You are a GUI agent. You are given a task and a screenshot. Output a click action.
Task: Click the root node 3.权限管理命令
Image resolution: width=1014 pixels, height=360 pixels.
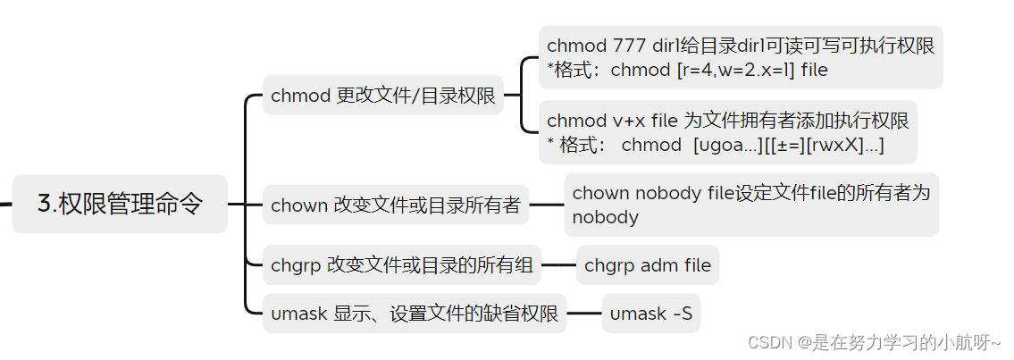pos(120,204)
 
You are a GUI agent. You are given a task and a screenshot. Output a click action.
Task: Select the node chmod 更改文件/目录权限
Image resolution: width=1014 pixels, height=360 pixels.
pos(382,96)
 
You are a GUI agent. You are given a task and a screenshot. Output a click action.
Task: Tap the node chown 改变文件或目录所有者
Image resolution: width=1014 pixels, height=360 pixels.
pos(395,205)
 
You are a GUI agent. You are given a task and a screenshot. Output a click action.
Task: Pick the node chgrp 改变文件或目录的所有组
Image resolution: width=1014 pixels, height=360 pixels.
pos(402,264)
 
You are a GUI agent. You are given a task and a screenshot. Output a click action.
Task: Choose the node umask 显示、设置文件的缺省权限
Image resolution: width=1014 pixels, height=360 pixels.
pos(414,314)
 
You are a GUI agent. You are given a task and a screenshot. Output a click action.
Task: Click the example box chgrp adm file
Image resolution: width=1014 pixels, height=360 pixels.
pos(647,264)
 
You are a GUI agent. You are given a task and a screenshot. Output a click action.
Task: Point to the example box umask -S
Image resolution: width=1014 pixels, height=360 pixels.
pos(650,314)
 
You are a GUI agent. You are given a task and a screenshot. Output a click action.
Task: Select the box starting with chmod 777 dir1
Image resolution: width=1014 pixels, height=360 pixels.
pos(741,57)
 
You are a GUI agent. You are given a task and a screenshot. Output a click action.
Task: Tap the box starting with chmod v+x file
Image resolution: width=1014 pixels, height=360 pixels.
pos(727,132)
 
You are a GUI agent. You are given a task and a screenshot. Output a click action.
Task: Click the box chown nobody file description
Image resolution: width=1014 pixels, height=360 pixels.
pos(750,205)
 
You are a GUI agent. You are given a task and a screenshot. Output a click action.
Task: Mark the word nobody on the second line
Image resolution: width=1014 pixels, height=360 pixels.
pos(605,217)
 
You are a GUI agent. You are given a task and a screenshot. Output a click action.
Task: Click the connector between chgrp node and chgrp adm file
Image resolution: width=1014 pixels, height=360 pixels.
pos(558,264)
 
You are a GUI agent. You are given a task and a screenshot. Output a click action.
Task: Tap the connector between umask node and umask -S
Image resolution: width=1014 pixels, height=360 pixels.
pos(583,314)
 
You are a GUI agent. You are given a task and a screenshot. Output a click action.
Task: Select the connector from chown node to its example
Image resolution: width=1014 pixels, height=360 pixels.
pos(546,205)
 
